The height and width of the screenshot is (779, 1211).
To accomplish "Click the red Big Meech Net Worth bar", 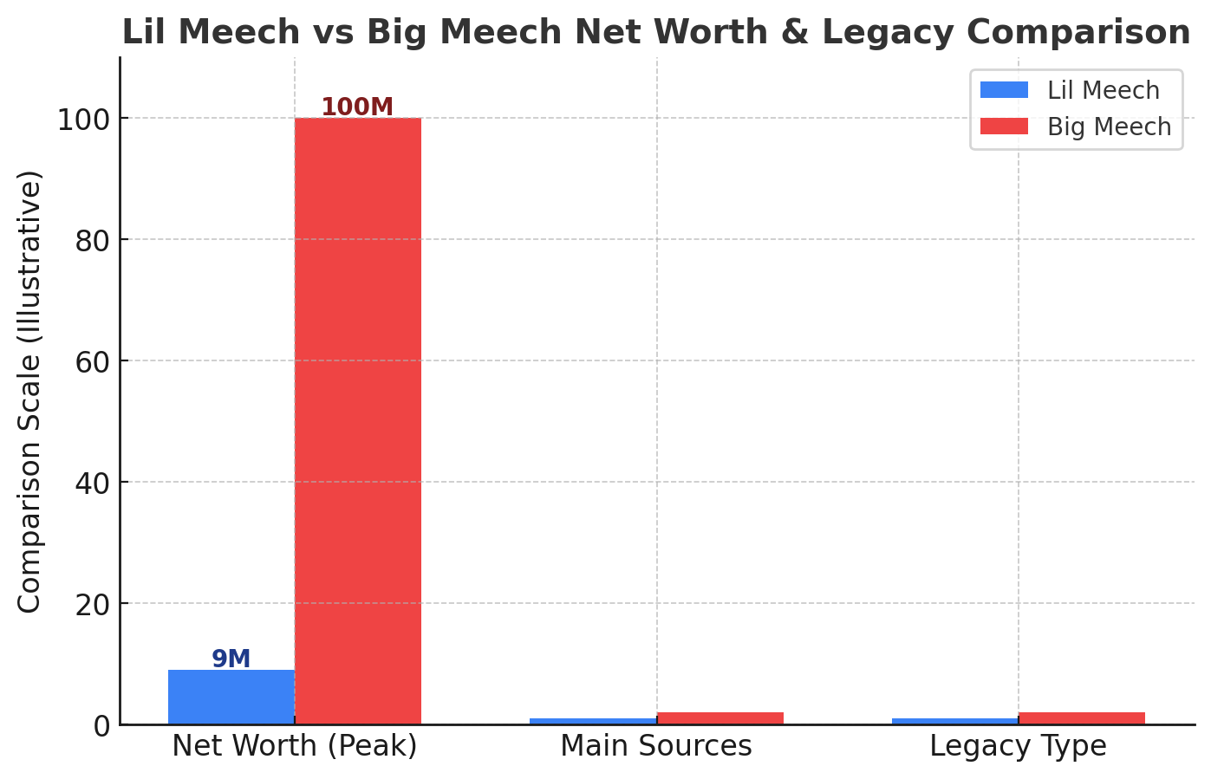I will tap(357, 421).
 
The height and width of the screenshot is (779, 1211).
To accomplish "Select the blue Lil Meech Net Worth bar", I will tap(231, 697).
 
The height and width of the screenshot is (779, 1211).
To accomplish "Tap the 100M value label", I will tap(357, 107).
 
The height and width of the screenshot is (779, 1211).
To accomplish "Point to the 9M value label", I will tap(231, 659).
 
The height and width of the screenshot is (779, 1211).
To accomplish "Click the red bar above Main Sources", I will tap(719, 718).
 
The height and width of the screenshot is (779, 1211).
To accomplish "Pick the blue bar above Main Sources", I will tap(593, 721).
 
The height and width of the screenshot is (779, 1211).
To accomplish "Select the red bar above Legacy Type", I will tap(1081, 718).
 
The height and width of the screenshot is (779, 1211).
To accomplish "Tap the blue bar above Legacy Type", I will tap(954, 721).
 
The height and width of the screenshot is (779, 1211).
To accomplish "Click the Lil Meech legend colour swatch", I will tap(1004, 90).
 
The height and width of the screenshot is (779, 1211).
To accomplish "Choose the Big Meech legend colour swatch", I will tap(1004, 127).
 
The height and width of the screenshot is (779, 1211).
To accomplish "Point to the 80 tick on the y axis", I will tap(93, 240).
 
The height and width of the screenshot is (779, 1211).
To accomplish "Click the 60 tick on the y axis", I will tap(93, 361).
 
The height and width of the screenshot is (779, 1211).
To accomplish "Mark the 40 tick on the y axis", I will tap(93, 483).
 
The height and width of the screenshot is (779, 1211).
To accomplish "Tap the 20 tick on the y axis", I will tap(93, 604).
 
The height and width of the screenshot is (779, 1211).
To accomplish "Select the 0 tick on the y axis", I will tap(102, 725).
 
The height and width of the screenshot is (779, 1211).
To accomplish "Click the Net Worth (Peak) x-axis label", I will tap(295, 746).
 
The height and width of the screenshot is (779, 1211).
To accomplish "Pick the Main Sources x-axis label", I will tap(656, 746).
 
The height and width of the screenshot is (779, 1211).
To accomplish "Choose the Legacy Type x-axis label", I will tap(1018, 746).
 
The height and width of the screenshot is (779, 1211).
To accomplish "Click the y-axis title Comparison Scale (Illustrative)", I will tap(30, 392).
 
